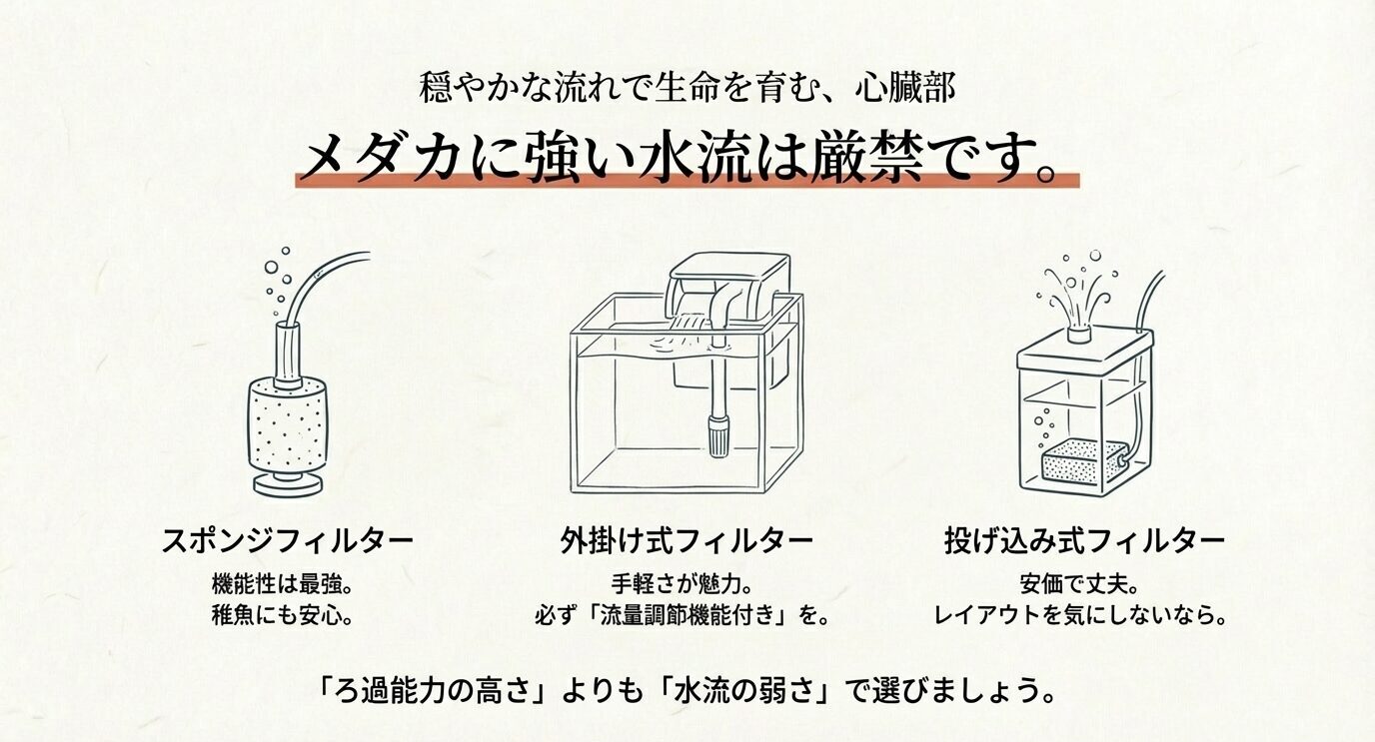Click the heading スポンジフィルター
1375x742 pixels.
click(x=287, y=541)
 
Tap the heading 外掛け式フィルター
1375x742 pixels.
click(x=686, y=541)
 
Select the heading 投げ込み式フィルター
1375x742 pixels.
click(x=1084, y=541)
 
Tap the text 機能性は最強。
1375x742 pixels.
click(x=286, y=583)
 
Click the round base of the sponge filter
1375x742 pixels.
click(x=287, y=484)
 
